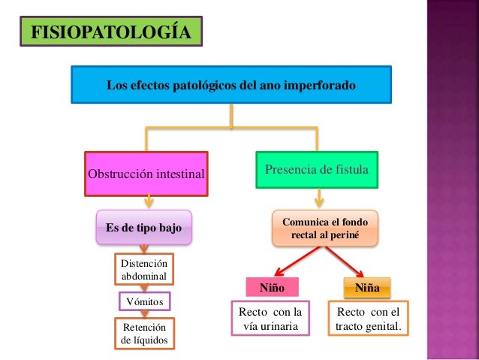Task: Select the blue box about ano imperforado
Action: coord(230,85)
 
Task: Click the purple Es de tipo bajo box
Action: coord(143,228)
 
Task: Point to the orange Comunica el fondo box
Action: coord(325,228)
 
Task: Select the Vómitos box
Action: coord(143,301)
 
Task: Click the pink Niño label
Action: coord(272,287)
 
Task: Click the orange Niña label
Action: coord(366,287)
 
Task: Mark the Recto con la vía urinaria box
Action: coord(270,319)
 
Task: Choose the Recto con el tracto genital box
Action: coord(368,319)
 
